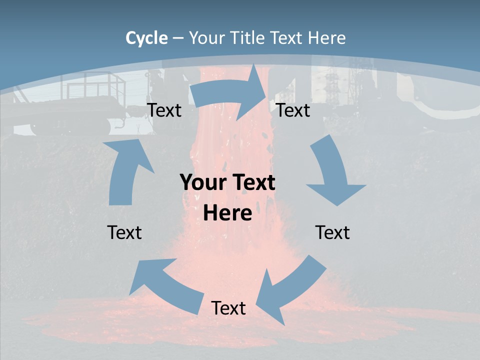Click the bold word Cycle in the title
click(x=146, y=38)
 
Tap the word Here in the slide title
click(x=327, y=38)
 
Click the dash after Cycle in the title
click(x=178, y=38)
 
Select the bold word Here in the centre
click(x=227, y=213)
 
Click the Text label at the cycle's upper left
click(x=164, y=110)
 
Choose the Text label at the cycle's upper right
click(x=293, y=110)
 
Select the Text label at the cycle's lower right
click(x=332, y=232)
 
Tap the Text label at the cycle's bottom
click(x=228, y=308)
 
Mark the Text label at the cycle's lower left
click(x=124, y=232)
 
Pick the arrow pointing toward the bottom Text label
click(x=290, y=290)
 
